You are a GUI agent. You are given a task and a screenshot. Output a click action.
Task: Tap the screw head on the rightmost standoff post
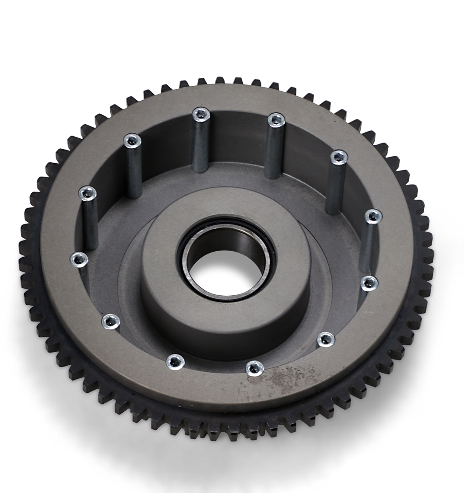(x=373, y=216)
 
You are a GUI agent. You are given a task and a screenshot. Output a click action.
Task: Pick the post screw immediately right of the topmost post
(x=276, y=119)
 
